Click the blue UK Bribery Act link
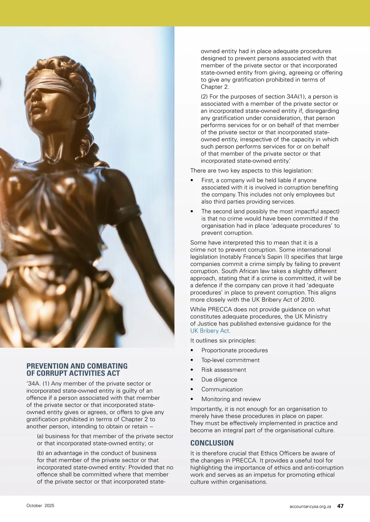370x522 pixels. (210, 331)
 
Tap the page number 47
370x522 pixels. (340, 506)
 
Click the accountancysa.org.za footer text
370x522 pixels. (310, 507)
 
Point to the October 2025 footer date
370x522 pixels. (40, 506)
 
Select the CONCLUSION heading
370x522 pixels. (212, 443)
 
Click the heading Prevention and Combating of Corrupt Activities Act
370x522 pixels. (77, 370)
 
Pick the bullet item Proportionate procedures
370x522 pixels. (234, 350)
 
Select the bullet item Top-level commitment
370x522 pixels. (230, 360)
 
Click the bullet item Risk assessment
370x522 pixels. (224, 370)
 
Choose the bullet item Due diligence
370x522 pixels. (219, 379)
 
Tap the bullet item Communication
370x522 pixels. (222, 389)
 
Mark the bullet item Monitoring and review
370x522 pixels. (231, 399)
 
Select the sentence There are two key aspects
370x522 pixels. (251, 171)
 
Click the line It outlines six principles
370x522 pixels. (223, 341)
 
